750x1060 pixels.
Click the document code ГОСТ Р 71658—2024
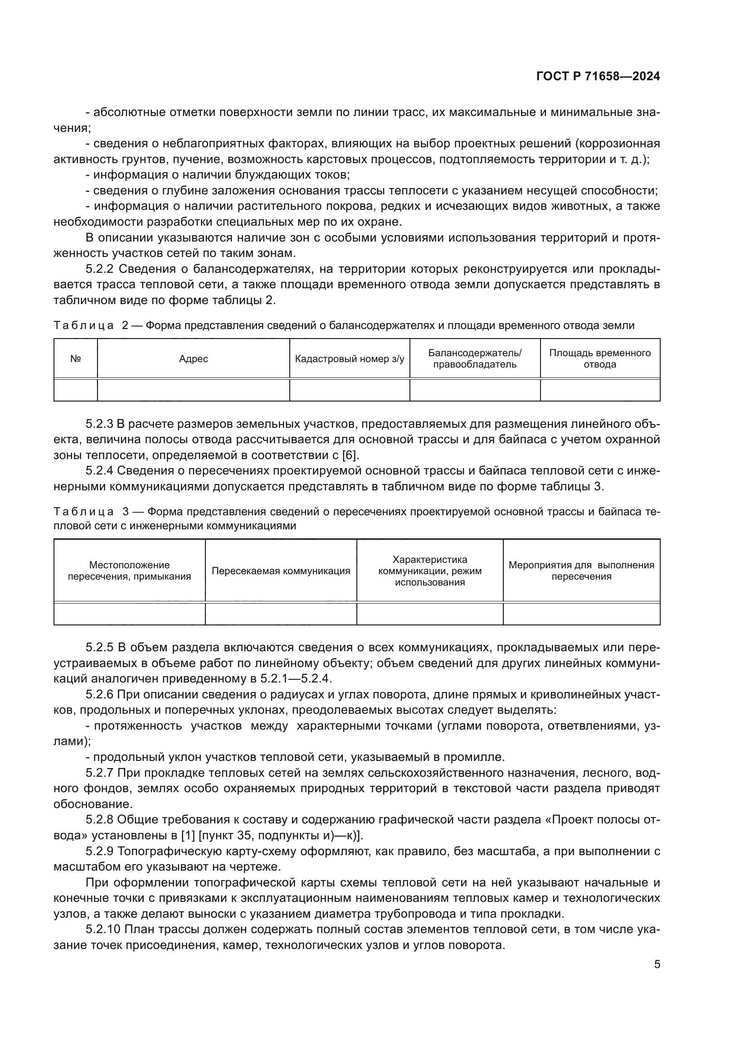coord(598,77)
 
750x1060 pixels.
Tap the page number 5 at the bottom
coord(657,964)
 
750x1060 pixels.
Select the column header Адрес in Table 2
coord(194,359)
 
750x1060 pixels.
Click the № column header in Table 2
coord(76,359)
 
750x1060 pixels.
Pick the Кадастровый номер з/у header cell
coord(350,359)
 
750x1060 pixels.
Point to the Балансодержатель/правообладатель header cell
coord(475,359)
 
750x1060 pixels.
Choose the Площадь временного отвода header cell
coord(600,359)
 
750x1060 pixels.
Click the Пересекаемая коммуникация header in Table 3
coord(281,571)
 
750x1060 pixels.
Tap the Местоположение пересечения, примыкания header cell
coord(129,571)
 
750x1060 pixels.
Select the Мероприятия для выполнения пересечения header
coord(581,571)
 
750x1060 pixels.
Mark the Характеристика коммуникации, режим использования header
coord(429,571)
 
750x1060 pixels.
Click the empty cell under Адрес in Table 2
coord(194,390)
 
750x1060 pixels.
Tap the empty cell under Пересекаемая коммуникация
coord(281,614)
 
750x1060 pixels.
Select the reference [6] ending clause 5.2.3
coord(349,455)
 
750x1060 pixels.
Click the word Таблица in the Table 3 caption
coord(83,512)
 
